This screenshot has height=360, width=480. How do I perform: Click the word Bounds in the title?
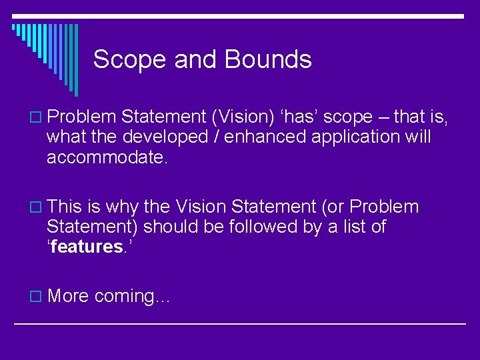coord(268,60)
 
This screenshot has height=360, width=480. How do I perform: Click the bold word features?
coord(86,247)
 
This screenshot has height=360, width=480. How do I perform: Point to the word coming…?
coord(133,297)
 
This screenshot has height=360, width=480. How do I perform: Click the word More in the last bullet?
coord(68,295)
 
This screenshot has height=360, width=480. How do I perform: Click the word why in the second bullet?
coord(122,207)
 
